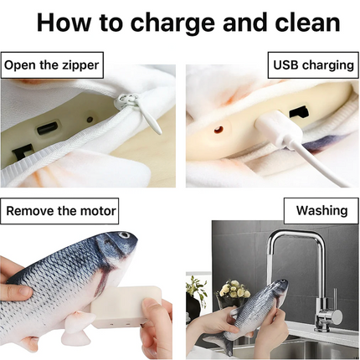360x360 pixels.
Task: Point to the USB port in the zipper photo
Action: [49, 127]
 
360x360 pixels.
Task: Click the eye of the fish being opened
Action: [125, 237]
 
